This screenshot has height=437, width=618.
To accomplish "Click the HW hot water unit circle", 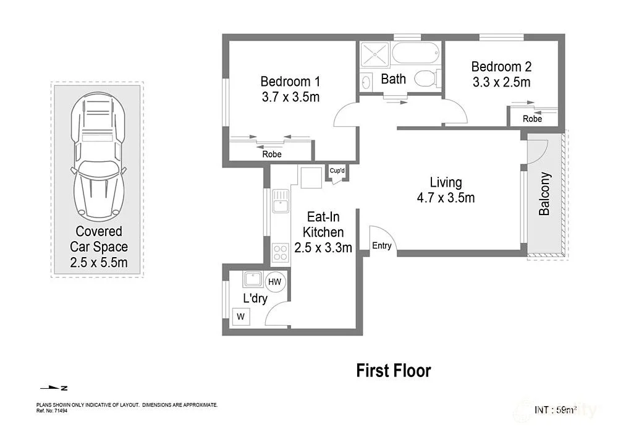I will [x=275, y=282].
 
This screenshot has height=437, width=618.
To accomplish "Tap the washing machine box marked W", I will [x=240, y=317].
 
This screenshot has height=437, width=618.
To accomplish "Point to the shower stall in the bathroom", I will [x=375, y=56].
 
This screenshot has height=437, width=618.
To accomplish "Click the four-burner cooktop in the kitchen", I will [x=280, y=253].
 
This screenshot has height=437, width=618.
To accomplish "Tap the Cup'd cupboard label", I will [x=337, y=171].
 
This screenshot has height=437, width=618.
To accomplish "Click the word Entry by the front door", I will [x=382, y=245].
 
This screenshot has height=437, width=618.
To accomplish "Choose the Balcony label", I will [x=544, y=193].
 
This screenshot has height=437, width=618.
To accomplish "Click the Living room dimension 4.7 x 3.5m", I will [x=446, y=198].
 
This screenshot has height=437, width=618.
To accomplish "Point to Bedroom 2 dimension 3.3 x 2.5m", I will [x=501, y=82].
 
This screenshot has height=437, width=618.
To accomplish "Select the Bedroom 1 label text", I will [x=290, y=82].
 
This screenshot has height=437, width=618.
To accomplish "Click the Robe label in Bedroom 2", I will [x=532, y=119].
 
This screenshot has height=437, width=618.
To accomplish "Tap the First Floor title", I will [x=393, y=371].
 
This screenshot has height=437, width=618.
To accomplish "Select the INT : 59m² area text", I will [x=556, y=409].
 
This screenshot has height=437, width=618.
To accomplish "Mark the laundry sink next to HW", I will [x=252, y=279].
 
